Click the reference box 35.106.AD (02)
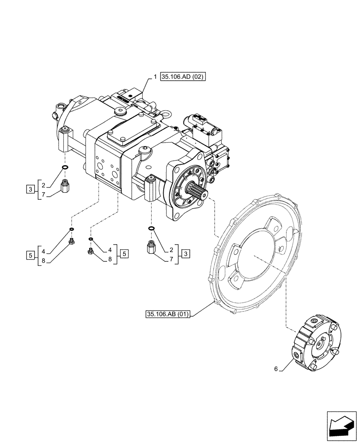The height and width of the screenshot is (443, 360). click(183, 77)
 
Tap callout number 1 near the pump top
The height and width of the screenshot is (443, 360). click(155, 77)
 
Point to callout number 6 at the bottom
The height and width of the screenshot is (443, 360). click(275, 369)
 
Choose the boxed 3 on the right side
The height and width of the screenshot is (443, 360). click(185, 253)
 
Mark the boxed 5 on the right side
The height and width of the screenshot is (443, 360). click(125, 253)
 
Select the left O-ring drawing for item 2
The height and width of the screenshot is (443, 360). click(65, 167)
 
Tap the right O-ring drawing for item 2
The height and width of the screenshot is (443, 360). click(151, 229)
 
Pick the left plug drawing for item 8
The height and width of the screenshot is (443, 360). click(71, 241)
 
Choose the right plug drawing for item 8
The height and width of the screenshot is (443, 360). click(90, 251)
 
